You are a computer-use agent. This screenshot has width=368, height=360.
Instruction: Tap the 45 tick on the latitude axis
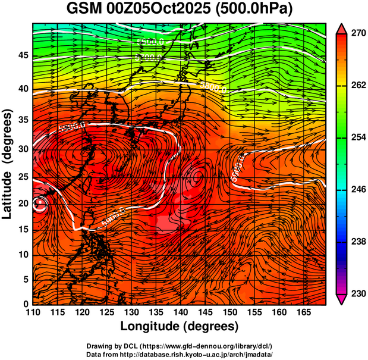tap(23, 55)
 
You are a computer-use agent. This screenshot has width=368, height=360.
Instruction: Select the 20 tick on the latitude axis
tap(23, 203)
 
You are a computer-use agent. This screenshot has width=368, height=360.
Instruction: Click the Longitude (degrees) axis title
tap(180, 327)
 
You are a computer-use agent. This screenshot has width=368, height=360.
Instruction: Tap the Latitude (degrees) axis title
tap(8, 163)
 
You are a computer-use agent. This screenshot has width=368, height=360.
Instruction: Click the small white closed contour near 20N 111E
tap(40, 205)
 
